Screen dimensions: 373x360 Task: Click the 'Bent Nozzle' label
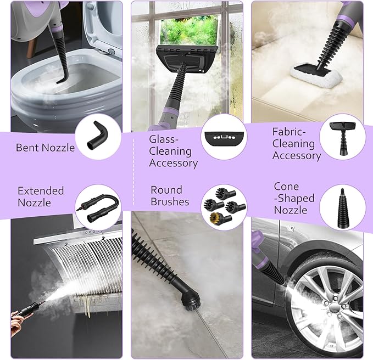(45, 148)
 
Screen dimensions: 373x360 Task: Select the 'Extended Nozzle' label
(41, 196)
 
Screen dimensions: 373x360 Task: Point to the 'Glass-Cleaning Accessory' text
(173, 151)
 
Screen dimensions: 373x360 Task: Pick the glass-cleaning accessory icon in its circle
(224, 138)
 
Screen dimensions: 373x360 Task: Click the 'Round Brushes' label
(170, 195)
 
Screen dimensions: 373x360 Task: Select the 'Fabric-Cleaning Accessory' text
(297, 144)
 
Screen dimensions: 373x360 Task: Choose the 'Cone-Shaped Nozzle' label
(294, 198)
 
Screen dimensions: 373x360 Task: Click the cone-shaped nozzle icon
(342, 207)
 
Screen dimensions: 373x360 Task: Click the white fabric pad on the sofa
(316, 75)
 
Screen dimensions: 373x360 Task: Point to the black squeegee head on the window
(187, 59)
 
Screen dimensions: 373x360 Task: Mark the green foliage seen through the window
(189, 30)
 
